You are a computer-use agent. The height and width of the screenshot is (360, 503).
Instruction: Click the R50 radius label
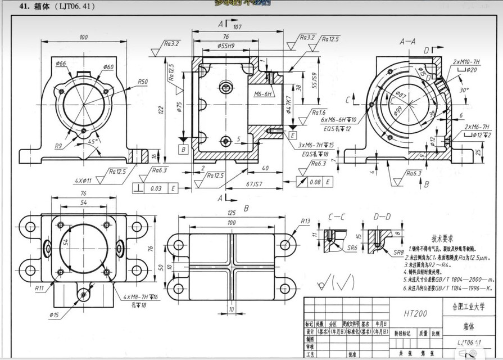[x=143, y=82]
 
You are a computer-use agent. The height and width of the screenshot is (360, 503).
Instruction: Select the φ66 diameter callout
[x=61, y=64]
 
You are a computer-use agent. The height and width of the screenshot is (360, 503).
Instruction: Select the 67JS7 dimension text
[x=256, y=184]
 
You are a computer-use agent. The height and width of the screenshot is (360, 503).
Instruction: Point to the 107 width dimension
[x=237, y=26]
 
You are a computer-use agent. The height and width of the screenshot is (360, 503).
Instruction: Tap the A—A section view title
[x=407, y=42]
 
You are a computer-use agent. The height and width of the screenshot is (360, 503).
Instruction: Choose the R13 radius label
[x=305, y=221]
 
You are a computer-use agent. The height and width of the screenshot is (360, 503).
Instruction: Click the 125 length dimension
[x=231, y=214]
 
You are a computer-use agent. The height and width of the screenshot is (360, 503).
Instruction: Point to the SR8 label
[x=399, y=253]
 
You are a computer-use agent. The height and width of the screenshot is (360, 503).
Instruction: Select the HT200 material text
[x=414, y=313]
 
